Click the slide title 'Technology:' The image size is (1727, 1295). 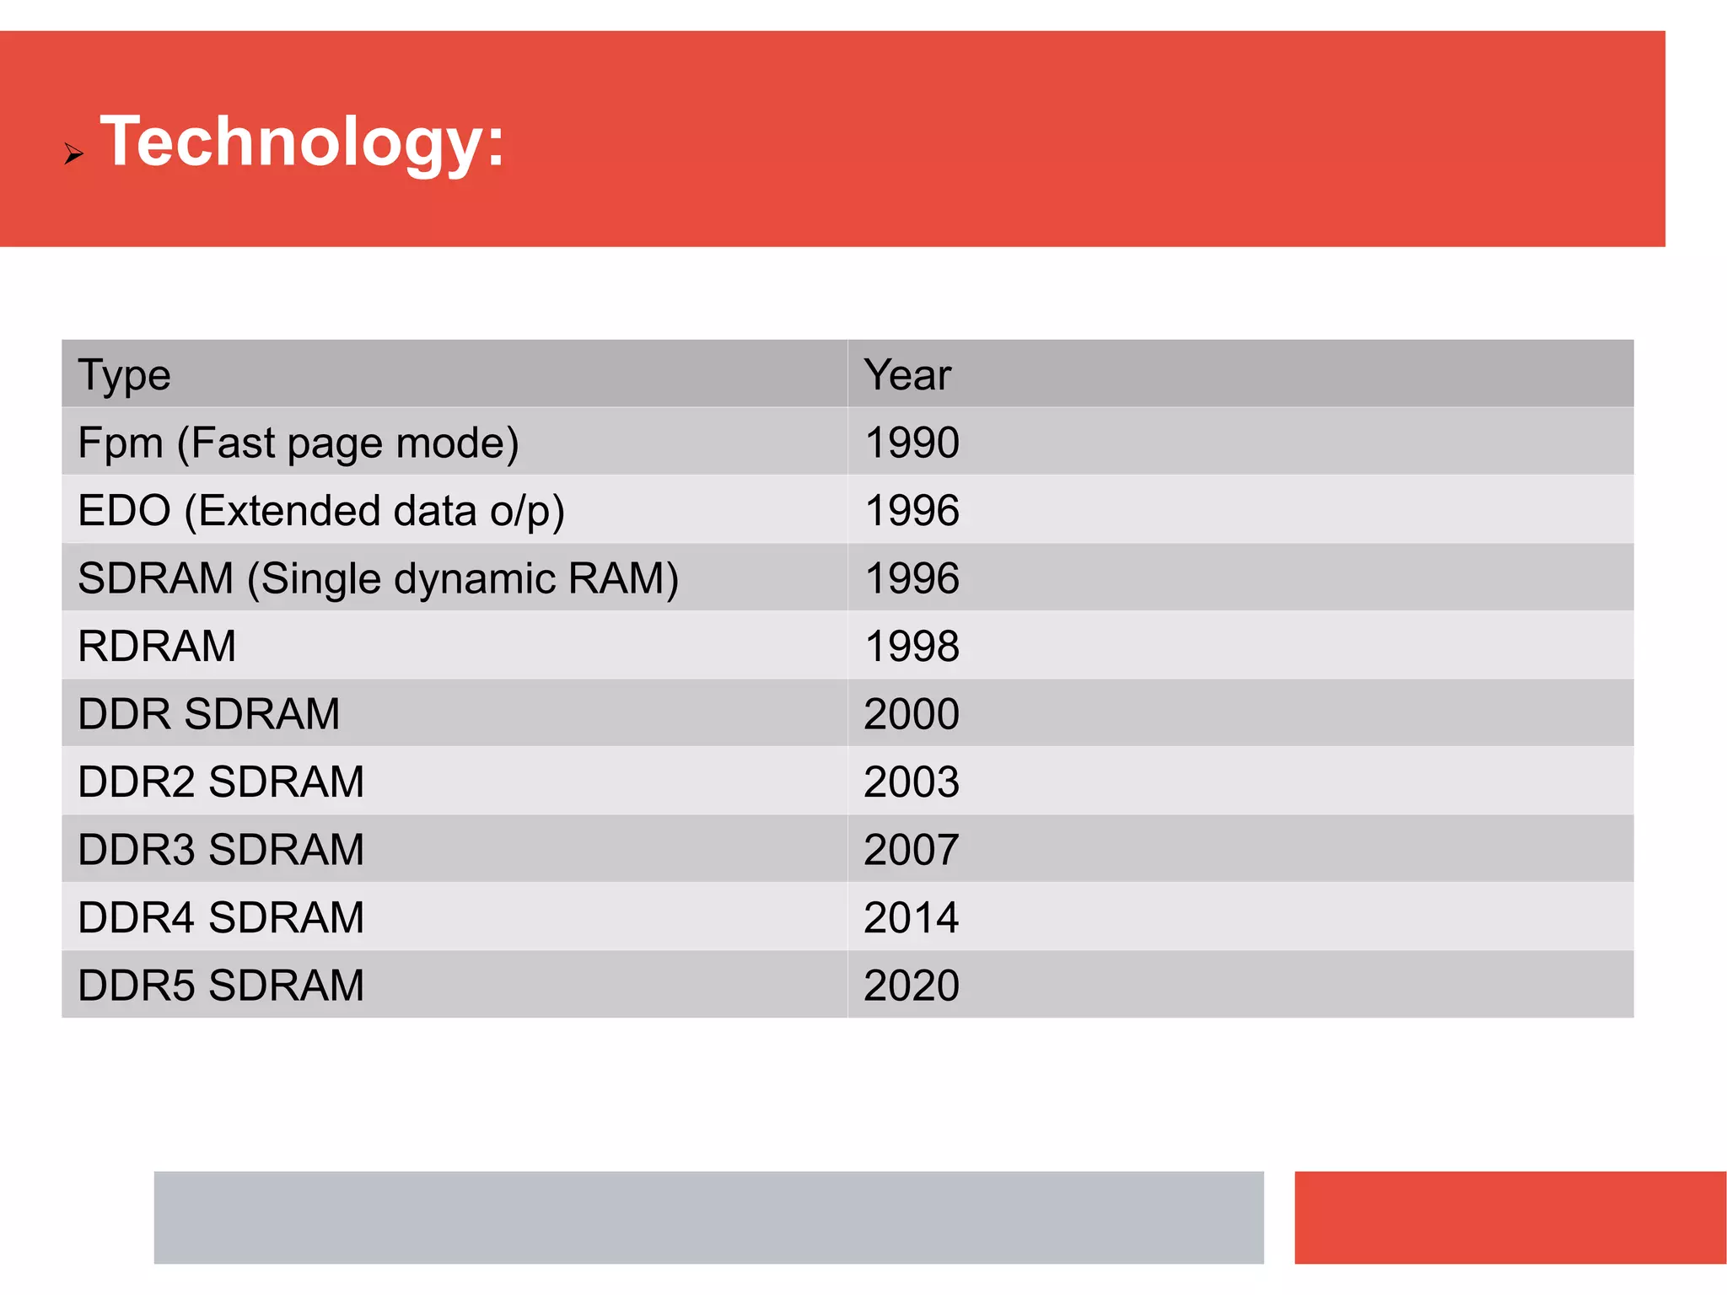[x=302, y=142]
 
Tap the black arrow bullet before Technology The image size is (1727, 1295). [x=73, y=153]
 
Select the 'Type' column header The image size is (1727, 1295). [x=124, y=375]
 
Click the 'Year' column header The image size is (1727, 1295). [x=907, y=375]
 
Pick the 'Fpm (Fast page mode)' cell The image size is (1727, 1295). [x=298, y=443]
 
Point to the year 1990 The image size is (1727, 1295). [x=912, y=443]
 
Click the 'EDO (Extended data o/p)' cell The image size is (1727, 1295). [x=320, y=511]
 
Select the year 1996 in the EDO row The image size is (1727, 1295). [x=912, y=511]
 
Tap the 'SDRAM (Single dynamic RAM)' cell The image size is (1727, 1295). [x=378, y=579]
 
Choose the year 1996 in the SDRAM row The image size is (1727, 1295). [x=912, y=579]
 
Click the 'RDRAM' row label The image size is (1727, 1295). [x=157, y=647]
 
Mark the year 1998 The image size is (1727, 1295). [x=912, y=647]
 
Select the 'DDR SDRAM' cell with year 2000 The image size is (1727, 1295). [x=208, y=714]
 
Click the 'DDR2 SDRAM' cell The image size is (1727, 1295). [x=221, y=782]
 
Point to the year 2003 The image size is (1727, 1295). [x=912, y=782]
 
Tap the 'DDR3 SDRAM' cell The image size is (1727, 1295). [x=221, y=850]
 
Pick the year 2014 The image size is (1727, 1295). [x=912, y=918]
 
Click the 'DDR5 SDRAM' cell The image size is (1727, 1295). [x=221, y=986]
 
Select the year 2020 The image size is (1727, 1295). [x=912, y=986]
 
